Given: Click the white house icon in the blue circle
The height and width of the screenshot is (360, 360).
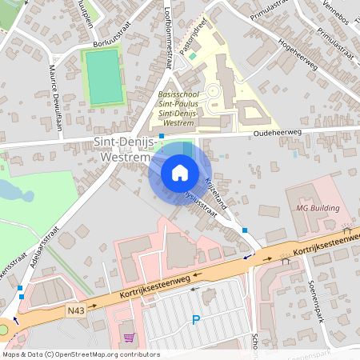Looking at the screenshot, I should pos(180,173).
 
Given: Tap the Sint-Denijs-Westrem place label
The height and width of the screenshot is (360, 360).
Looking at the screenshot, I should pos(122,150).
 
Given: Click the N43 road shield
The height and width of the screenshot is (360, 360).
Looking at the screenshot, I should pos(77,310).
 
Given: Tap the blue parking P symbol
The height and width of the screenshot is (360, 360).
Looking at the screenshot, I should pos(196,321).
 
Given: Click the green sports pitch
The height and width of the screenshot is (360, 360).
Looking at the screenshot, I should pos(104,78).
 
